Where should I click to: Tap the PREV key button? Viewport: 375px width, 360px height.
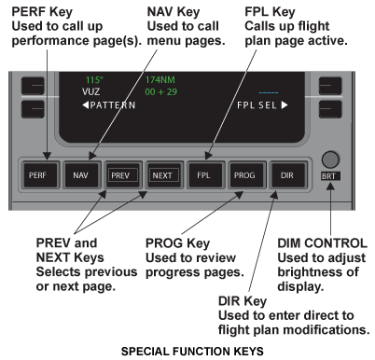click(122, 175)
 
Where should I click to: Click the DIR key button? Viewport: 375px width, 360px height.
click(287, 175)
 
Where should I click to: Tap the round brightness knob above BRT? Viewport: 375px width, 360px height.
click(330, 159)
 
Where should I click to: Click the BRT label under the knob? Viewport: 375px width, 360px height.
click(330, 176)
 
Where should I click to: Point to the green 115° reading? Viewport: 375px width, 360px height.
click(94, 80)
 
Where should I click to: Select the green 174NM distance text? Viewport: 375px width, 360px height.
click(160, 80)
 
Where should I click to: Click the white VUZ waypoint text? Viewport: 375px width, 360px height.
click(91, 91)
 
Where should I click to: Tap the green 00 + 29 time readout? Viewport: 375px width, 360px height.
click(161, 91)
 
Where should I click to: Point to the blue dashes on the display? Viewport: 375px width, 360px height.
click(269, 92)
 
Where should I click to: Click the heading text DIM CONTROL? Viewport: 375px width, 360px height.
click(322, 243)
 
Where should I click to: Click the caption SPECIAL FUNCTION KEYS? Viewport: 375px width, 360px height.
click(192, 352)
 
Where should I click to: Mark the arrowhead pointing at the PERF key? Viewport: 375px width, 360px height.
click(48, 156)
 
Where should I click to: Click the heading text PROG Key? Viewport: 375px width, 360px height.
click(177, 243)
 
